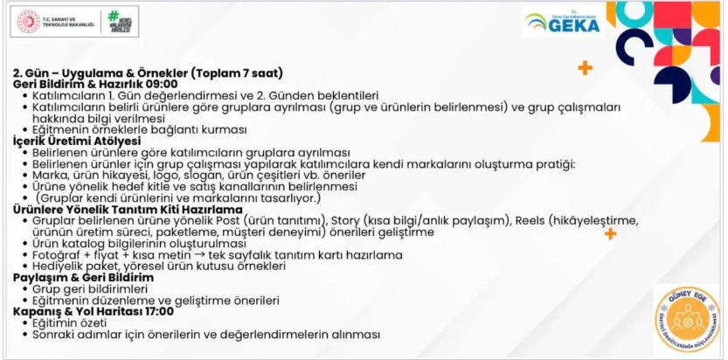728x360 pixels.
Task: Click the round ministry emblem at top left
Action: click(30, 23)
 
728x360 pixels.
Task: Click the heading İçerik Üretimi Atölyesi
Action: click(77, 141)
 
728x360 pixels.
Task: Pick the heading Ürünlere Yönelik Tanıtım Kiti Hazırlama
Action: click(128, 209)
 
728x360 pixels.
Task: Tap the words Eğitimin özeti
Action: click(70, 322)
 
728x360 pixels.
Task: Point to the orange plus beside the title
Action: click(585, 68)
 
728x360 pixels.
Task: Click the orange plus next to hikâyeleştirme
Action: click(610, 233)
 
